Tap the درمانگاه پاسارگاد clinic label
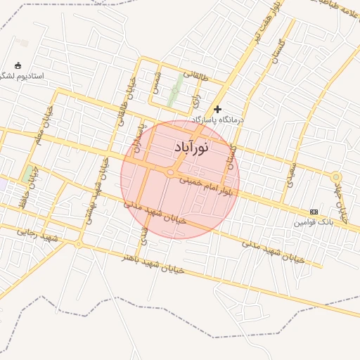tap(215, 121)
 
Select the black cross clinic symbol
tap(218, 109)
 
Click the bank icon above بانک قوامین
tap(314, 212)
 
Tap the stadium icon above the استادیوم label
tap(18, 65)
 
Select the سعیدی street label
tap(290, 174)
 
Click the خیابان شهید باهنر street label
tap(155, 264)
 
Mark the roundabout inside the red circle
tap(170, 172)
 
